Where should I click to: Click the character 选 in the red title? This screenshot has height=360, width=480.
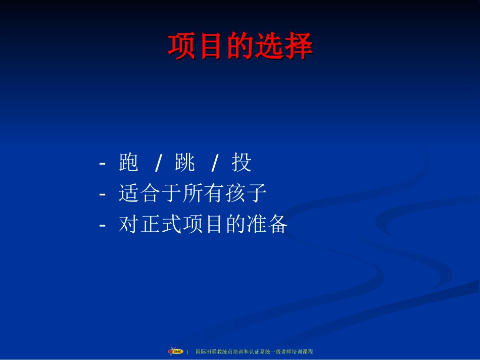[269, 46]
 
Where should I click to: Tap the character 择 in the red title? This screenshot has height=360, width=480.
[299, 46]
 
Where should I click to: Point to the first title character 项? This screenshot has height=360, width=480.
[182, 46]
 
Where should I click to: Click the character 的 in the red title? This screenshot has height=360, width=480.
[240, 46]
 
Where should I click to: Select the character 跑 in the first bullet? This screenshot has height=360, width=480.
[129, 163]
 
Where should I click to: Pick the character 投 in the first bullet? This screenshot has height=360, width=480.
[242, 163]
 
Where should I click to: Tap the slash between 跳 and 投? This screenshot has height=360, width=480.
[214, 163]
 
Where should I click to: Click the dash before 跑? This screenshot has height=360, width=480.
[103, 164]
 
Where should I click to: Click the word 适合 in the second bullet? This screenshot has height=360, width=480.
[139, 193]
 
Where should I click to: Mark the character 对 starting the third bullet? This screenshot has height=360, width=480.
[128, 224]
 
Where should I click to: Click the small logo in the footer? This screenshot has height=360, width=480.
[175, 351]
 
